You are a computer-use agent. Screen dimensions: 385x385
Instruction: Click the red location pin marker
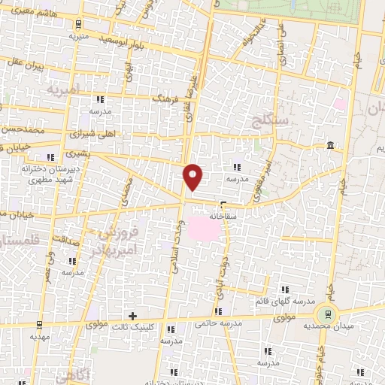(x=193, y=176)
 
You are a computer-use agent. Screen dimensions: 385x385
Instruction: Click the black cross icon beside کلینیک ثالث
(x=133, y=316)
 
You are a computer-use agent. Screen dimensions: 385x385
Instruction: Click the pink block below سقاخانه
(x=205, y=229)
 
